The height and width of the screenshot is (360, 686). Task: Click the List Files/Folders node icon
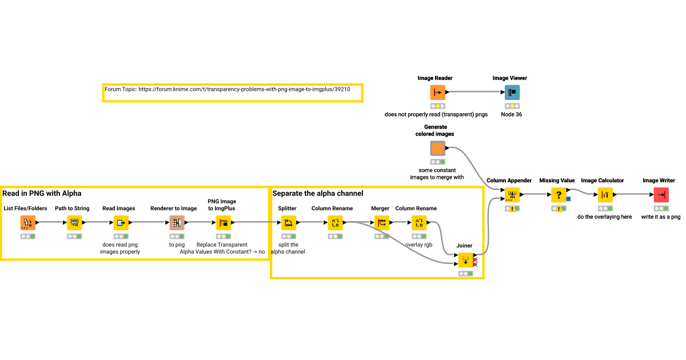pyautogui.click(x=27, y=223)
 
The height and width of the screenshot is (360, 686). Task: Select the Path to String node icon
pyautogui.click(x=74, y=223)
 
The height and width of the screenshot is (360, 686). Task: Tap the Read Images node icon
pyautogui.click(x=121, y=223)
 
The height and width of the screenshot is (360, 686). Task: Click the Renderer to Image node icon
pyautogui.click(x=177, y=223)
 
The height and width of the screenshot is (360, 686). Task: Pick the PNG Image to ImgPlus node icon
pyautogui.click(x=224, y=223)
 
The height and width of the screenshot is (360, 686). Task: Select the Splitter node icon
pyautogui.click(x=288, y=223)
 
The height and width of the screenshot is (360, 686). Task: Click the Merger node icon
pyautogui.click(x=381, y=223)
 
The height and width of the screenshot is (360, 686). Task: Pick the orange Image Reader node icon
pyautogui.click(x=437, y=93)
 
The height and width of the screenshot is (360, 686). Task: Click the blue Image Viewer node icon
pyautogui.click(x=512, y=93)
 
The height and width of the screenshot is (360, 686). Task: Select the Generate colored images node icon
pyautogui.click(x=437, y=149)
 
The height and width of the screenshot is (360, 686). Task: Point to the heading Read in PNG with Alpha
pyautogui.click(x=42, y=193)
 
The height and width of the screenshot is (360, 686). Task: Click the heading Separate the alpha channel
pyautogui.click(x=318, y=193)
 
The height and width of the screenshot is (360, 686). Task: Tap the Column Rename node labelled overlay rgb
pyautogui.click(x=419, y=223)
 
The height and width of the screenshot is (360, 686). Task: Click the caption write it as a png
pyautogui.click(x=661, y=217)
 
